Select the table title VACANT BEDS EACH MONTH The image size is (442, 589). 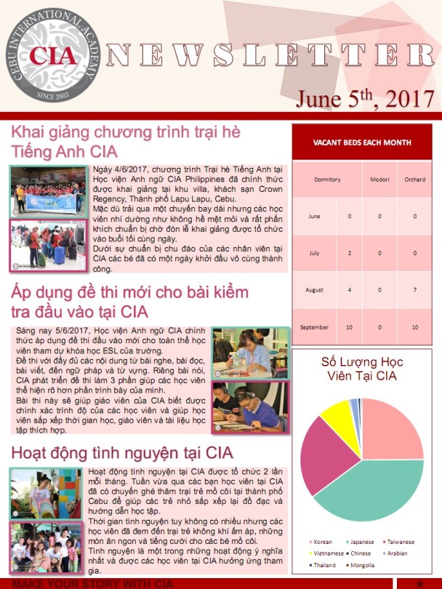[x=362, y=143]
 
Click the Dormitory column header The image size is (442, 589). [x=327, y=179]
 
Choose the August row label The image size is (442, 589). [x=314, y=290]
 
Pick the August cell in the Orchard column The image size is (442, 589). [x=414, y=290]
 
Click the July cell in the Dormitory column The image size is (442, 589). [x=349, y=253]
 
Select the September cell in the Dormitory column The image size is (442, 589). [x=349, y=327]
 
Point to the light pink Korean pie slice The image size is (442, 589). [x=393, y=429]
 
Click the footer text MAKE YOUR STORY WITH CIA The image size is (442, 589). [x=92, y=584]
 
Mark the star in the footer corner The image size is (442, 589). [x=419, y=584]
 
